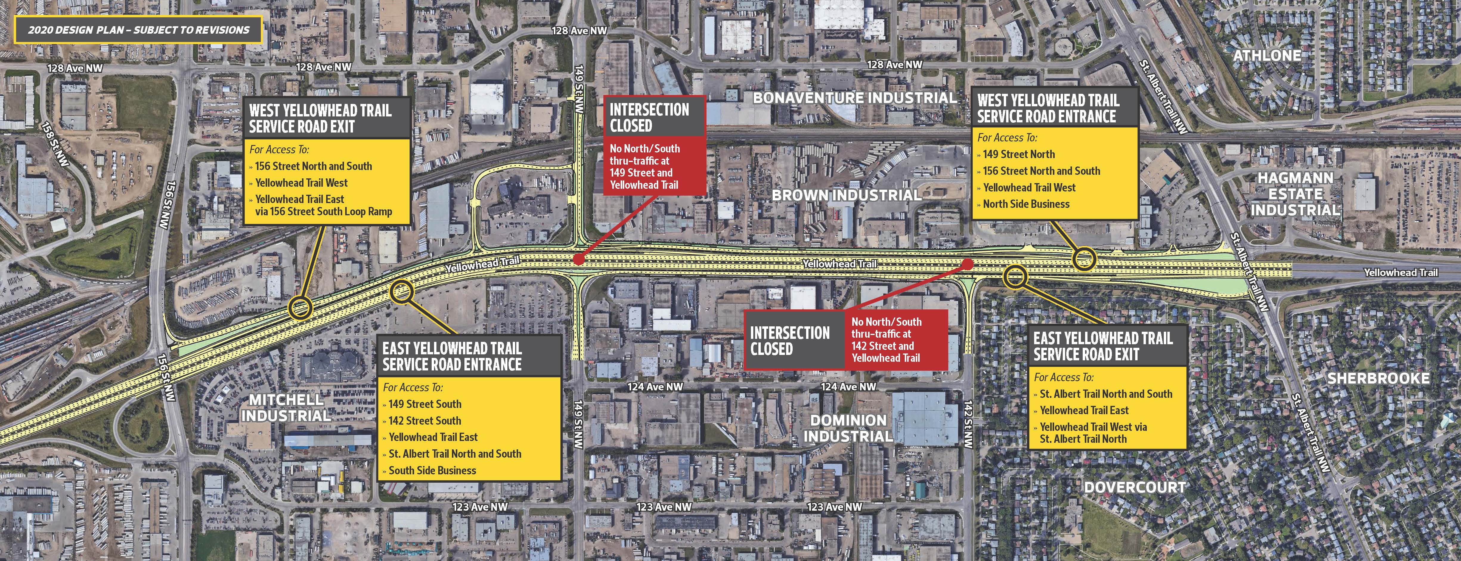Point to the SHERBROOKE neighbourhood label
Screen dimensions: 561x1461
(x=1378, y=378)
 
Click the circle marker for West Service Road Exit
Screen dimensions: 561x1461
(x=300, y=308)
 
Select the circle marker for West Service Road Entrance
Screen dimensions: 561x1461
(x=1084, y=260)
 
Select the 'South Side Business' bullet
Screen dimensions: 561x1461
(x=432, y=470)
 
